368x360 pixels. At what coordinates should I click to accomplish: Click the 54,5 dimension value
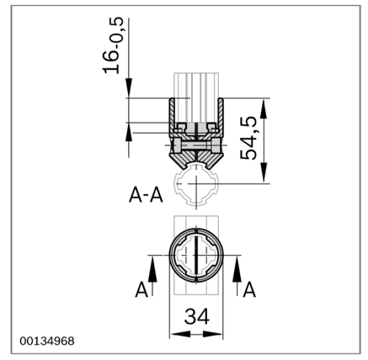[x=248, y=138]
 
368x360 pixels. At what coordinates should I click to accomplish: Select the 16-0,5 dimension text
[x=113, y=45]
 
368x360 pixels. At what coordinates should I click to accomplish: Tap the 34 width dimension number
[x=197, y=316]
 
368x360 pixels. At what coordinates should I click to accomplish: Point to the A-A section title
[x=146, y=195]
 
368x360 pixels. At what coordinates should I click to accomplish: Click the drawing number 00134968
[x=47, y=341]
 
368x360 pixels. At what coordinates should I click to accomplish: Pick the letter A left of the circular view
[x=141, y=290]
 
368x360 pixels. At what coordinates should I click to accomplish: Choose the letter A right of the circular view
[x=249, y=290]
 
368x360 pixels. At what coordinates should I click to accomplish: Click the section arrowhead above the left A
[x=152, y=269]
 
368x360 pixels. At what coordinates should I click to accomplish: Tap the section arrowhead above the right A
[x=237, y=269]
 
